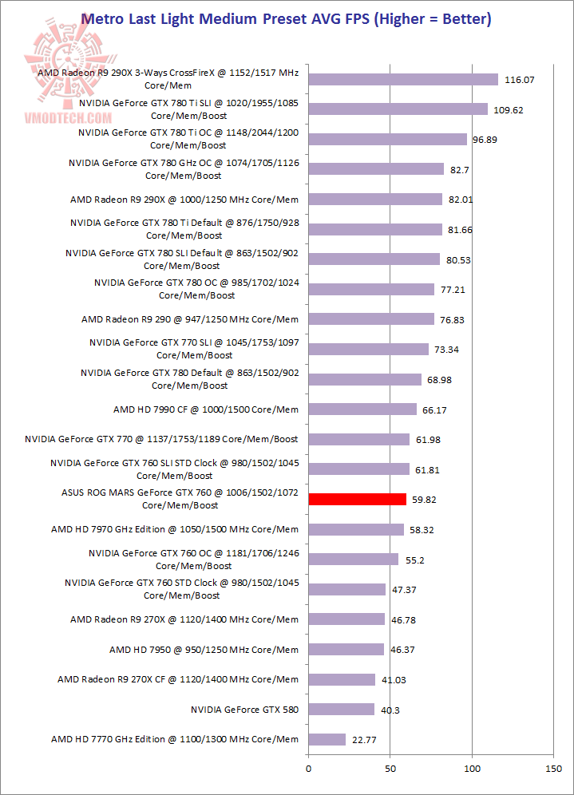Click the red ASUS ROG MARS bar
point(357,499)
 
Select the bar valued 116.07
point(402,79)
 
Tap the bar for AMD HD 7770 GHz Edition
point(327,739)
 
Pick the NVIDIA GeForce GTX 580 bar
point(341,709)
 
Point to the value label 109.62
point(508,109)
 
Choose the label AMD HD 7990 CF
point(205,409)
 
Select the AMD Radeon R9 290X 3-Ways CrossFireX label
point(168,78)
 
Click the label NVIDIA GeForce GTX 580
point(244,709)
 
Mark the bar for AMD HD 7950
point(346,649)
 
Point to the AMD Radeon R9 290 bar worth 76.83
point(370,319)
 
